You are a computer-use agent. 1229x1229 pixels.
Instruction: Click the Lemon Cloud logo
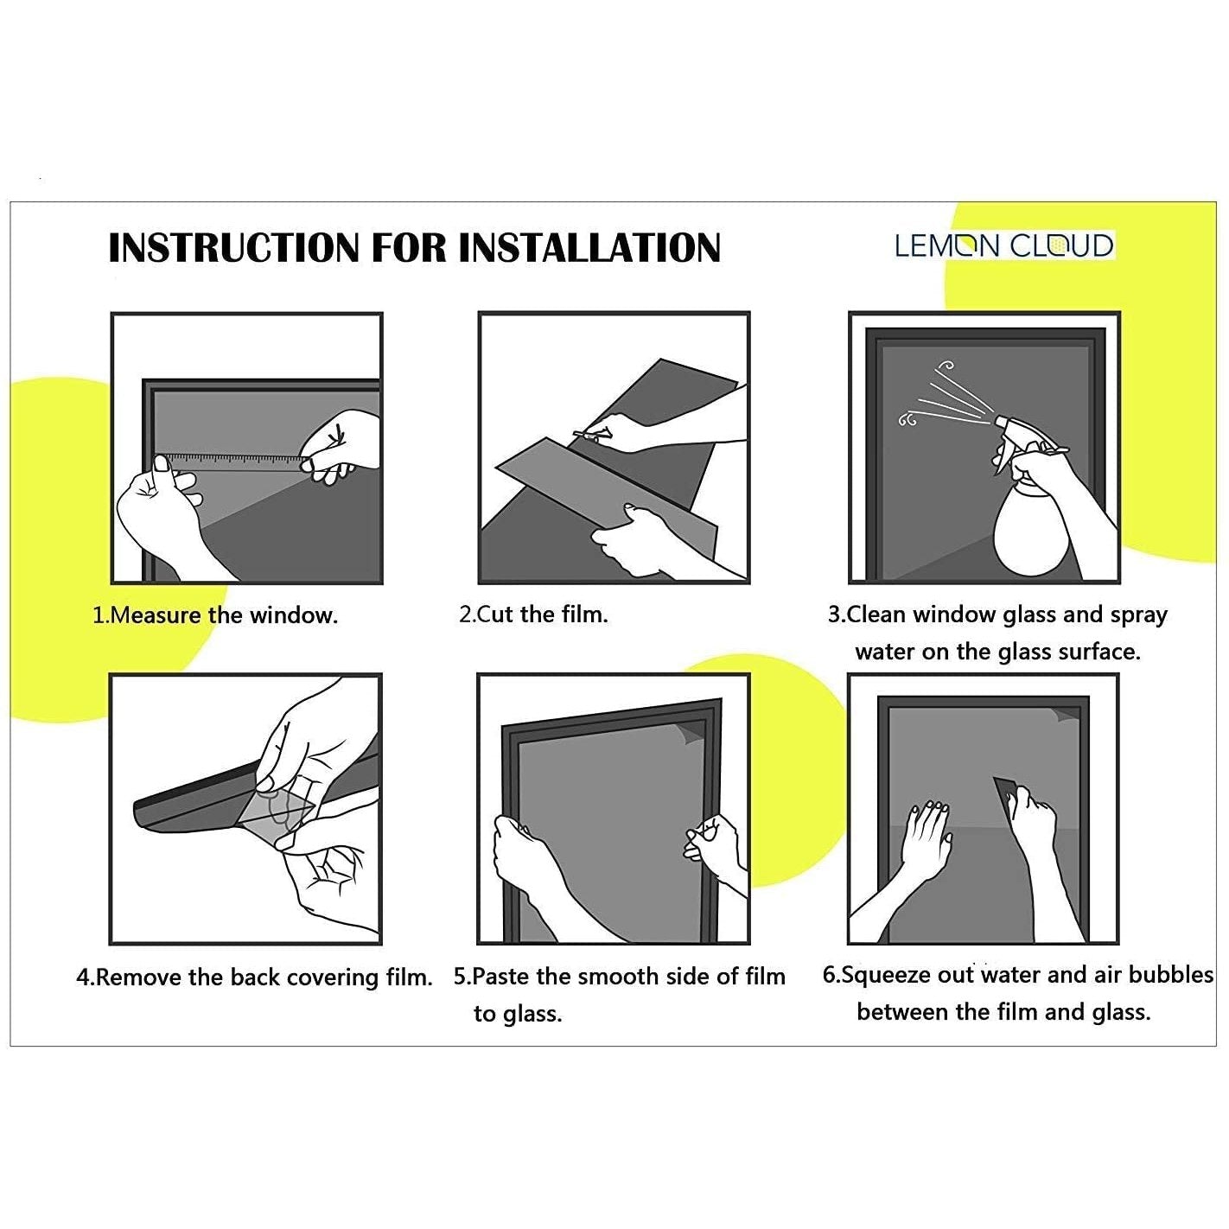coord(1004,245)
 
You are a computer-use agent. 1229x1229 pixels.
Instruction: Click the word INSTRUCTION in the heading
coord(234,247)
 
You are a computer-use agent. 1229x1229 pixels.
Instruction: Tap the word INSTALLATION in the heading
coord(589,247)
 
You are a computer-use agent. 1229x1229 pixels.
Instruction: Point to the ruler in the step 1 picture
coord(231,462)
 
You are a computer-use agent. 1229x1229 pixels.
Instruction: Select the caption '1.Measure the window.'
coord(215,615)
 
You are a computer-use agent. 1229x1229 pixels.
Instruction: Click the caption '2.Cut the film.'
coord(533,614)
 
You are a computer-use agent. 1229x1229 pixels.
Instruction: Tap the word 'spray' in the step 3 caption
coord(1138,615)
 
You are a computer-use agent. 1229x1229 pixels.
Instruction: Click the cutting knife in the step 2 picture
coord(592,435)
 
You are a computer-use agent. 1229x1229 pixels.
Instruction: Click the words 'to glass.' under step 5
coord(517,1014)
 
